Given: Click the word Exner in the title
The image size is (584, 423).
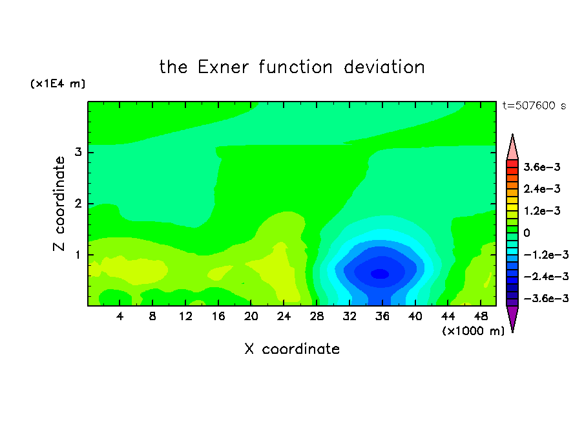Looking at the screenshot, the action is coord(223,67).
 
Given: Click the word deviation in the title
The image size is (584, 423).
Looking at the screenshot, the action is coord(384,67).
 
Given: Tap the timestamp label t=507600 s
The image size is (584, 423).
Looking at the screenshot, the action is coord(534,105).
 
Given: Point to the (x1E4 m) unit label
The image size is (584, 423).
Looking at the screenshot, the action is coord(57,83).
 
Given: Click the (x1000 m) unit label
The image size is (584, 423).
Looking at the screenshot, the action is coord(473,331).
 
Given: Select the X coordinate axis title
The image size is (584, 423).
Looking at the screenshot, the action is coord(292,349).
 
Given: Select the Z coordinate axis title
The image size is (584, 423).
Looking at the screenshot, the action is coord(59,204).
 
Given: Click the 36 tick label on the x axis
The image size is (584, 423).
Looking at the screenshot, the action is coord(382,316).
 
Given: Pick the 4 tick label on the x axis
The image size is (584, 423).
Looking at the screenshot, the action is coord(120,316).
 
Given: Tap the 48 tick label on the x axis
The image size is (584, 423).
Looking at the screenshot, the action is coord(481,316).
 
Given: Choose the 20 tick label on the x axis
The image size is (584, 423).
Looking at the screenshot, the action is coord(251,316).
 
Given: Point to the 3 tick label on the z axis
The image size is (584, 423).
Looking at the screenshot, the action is coord(78,152).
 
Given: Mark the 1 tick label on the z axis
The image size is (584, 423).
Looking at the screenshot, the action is coord(78,255).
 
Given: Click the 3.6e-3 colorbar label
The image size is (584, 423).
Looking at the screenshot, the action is coord(542,167).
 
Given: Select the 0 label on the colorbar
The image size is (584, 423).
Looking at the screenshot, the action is coord(527,233).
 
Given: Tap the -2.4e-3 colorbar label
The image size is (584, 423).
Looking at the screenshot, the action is coord(546,276).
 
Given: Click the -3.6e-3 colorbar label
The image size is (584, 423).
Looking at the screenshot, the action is coord(546,298).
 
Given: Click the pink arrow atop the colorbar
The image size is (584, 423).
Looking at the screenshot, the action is coord(512,147).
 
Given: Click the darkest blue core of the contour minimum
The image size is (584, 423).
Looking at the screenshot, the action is coord(380,274).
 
